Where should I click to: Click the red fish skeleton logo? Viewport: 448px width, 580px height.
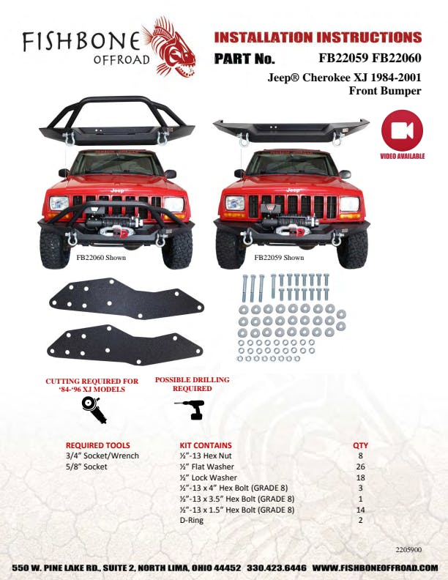(x=168, y=46)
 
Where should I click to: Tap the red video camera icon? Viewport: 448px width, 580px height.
(x=402, y=130)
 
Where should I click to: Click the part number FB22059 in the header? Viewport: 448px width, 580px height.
(x=343, y=58)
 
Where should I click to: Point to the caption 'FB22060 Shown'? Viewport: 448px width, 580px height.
(x=101, y=258)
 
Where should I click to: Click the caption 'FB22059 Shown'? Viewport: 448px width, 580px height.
(x=279, y=258)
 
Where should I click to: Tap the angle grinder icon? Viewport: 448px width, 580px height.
(x=94, y=410)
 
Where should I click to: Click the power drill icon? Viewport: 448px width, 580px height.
(x=190, y=409)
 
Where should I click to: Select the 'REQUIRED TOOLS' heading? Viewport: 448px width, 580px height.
(x=98, y=445)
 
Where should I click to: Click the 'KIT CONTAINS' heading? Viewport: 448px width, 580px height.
(x=206, y=445)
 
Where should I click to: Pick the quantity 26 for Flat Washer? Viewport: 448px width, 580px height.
(x=360, y=466)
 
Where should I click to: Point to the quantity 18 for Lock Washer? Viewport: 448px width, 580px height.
(x=360, y=477)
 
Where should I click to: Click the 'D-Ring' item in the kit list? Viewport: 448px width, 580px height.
(x=192, y=521)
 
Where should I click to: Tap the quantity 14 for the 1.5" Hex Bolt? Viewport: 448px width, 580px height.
(x=360, y=510)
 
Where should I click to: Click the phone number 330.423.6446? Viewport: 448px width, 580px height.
(x=277, y=568)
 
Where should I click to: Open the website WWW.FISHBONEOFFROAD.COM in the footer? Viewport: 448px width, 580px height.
(x=376, y=568)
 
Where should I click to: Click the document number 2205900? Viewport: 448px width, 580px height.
(x=408, y=550)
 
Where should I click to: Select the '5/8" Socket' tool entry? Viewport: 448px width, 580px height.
(x=86, y=466)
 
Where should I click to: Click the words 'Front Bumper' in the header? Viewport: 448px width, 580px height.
(x=385, y=91)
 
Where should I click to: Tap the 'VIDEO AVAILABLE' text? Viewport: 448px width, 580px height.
(x=403, y=156)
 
